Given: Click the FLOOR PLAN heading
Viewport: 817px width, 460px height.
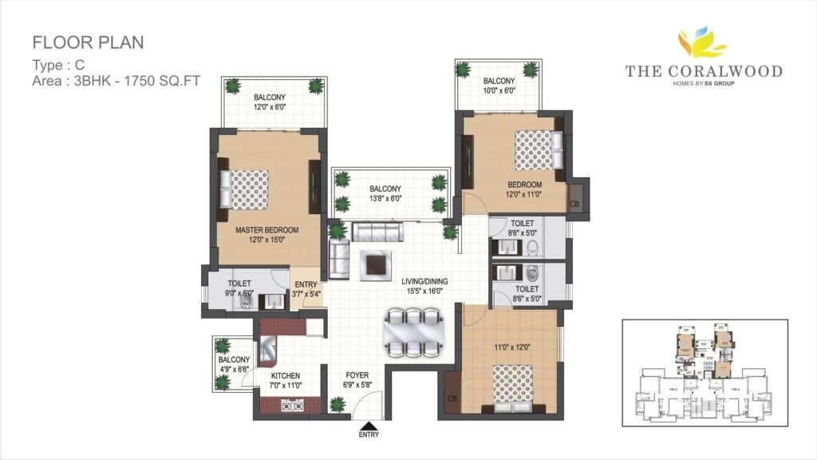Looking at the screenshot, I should point(88,42).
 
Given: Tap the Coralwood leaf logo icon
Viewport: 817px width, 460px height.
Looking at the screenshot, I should point(703,44).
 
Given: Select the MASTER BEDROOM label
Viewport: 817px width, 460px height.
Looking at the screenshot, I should point(266,230).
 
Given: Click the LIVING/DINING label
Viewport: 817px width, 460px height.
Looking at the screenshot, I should point(424,280).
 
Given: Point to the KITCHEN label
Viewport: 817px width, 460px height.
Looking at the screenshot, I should point(285,375).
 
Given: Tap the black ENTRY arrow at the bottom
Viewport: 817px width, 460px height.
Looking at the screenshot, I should point(369,426).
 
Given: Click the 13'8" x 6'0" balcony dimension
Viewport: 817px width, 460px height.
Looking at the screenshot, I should point(385,199).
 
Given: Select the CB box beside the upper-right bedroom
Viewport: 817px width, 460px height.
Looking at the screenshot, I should point(575,204).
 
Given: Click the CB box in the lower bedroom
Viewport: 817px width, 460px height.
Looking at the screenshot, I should point(452,397).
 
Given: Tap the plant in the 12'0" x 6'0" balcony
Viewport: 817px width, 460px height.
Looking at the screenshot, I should point(233,86).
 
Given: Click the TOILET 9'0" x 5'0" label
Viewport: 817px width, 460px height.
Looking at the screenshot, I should point(239,288).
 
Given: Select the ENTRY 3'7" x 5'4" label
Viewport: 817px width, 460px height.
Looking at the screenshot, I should point(306,288).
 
